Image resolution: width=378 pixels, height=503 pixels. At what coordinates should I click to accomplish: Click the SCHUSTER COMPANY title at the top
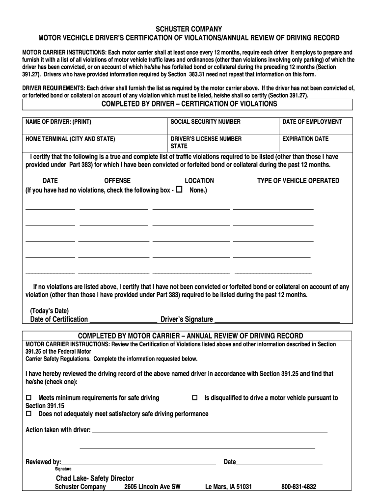pyautogui.click(x=189, y=29)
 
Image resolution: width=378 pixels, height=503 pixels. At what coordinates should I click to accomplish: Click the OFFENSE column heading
pyautogui.click(x=117, y=181)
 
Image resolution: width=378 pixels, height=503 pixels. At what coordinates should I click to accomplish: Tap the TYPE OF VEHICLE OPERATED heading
pyautogui.click(x=298, y=181)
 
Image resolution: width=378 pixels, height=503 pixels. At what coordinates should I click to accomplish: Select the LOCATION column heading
pyautogui.click(x=199, y=181)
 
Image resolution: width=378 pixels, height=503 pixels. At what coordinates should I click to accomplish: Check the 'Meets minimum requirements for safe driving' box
pyautogui.click(x=28, y=397)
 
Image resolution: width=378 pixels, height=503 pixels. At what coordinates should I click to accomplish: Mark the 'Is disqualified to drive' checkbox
pyautogui.click(x=194, y=397)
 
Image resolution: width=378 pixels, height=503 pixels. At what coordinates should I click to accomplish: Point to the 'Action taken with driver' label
pyautogui.click(x=58, y=430)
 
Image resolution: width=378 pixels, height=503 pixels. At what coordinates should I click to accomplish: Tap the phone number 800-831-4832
pyautogui.click(x=298, y=487)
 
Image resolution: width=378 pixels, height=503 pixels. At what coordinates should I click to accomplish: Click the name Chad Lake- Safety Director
pyautogui.click(x=94, y=478)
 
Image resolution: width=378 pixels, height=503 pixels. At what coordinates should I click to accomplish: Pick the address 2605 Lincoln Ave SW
pyautogui.click(x=152, y=487)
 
